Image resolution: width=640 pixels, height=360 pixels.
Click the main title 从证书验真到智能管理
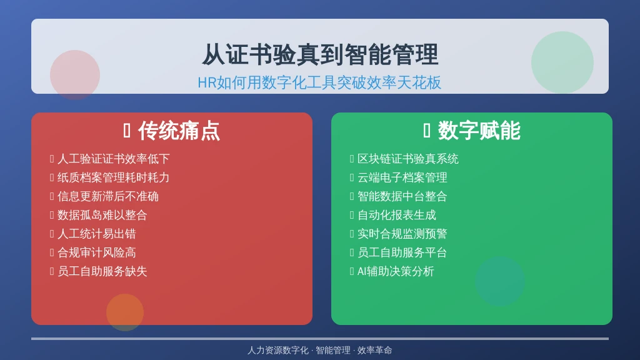320,55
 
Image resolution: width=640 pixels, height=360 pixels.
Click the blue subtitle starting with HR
319,83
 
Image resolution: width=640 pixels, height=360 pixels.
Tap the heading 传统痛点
179,131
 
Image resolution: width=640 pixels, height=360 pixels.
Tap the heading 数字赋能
479,131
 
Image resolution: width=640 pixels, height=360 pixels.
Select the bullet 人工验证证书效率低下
114,159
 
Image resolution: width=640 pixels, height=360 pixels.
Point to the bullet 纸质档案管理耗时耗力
114,177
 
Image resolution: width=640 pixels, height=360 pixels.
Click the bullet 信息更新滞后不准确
108,196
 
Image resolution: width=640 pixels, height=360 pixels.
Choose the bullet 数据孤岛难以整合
102,215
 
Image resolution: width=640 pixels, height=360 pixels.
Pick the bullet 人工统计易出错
97,234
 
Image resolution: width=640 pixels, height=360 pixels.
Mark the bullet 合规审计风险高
97,252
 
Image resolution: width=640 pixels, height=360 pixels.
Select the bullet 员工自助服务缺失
102,271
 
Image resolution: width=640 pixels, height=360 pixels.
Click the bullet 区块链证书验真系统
408,159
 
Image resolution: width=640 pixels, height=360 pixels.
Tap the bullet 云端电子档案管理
402,177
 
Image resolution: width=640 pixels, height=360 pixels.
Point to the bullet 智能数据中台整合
402,196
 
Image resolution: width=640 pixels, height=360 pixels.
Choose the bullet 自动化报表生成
397,215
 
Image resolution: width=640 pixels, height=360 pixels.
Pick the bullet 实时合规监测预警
402,234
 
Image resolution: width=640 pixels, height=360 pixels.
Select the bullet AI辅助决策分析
396,271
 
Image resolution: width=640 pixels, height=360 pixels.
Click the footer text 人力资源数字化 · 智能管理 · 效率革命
319,350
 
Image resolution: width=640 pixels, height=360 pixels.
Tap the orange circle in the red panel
125,312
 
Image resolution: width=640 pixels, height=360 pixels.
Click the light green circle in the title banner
562,62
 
